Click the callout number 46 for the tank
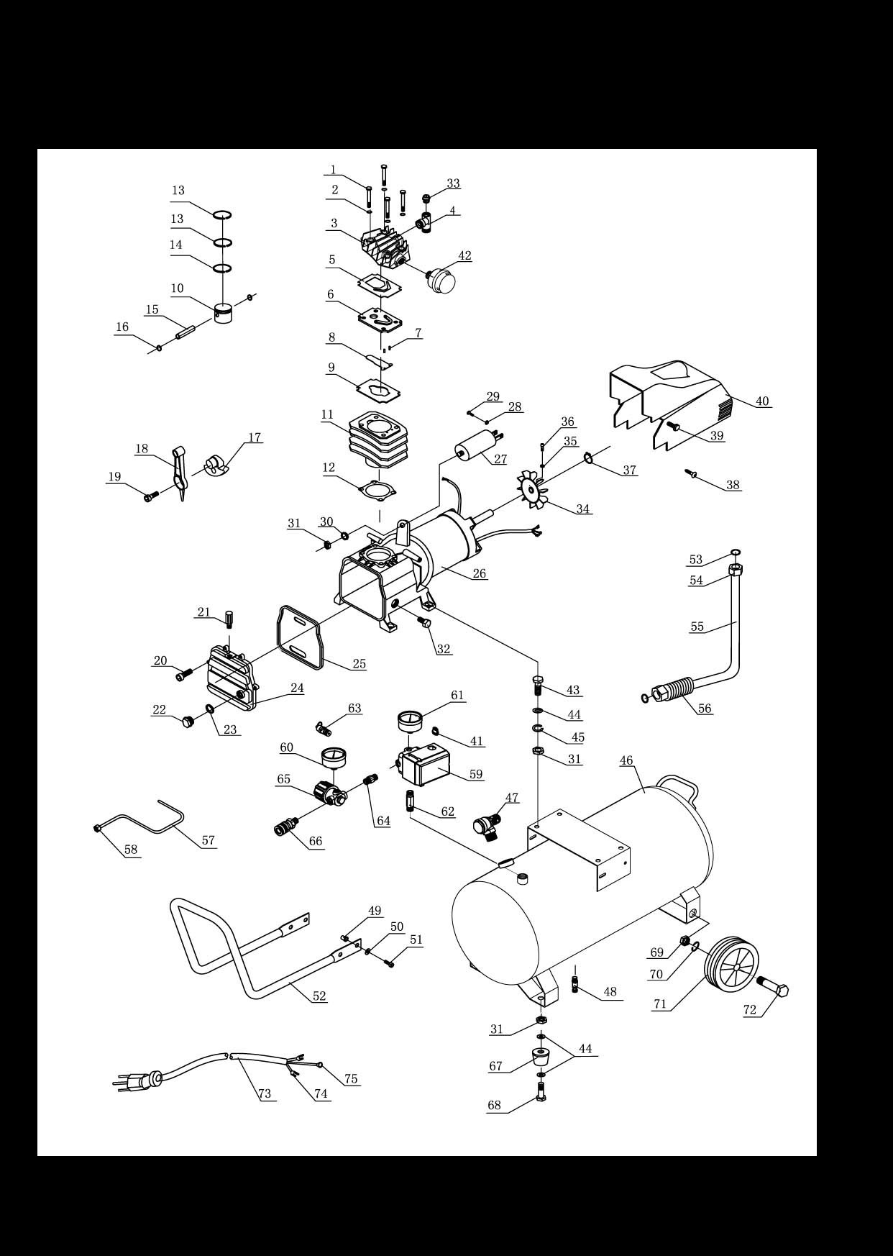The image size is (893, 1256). (x=626, y=760)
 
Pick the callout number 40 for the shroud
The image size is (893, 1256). (x=762, y=401)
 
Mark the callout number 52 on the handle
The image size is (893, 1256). (x=319, y=996)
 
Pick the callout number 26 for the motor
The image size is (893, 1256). (x=480, y=573)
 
